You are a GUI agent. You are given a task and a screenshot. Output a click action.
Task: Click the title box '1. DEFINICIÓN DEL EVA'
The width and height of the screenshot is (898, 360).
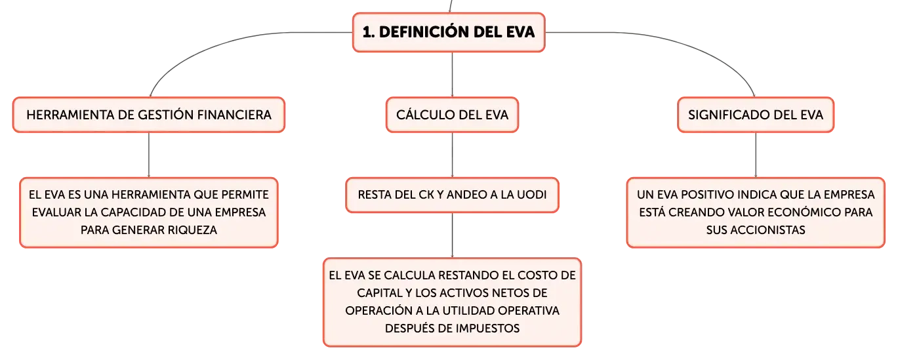[x=449, y=32]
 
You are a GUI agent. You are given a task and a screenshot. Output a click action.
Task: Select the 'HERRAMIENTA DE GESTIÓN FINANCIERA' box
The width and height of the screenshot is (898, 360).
[x=149, y=115]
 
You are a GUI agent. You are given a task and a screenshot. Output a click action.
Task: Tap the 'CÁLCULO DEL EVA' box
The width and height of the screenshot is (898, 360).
[x=452, y=115]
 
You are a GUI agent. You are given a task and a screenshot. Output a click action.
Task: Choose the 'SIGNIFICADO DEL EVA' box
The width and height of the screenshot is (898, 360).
[x=756, y=115]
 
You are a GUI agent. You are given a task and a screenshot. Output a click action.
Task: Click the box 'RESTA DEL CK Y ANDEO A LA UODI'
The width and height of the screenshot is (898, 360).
[x=452, y=195]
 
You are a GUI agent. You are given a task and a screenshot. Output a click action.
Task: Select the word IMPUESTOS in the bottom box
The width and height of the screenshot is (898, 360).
[x=487, y=329]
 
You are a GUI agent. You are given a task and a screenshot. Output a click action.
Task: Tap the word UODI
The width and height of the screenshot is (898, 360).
[x=531, y=195]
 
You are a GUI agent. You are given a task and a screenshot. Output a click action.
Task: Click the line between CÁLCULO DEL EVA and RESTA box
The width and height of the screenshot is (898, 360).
[x=452, y=155]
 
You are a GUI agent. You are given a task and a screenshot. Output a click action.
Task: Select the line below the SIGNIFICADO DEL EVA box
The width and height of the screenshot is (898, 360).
[x=756, y=155]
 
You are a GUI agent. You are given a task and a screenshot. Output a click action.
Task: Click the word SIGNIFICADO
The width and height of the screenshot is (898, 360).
[x=729, y=115]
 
